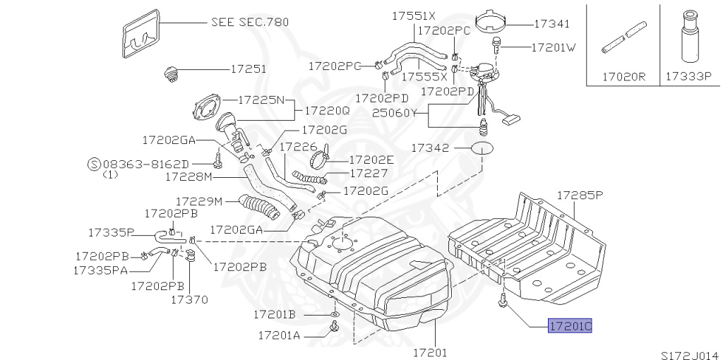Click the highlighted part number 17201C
click(x=570, y=326)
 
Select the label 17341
click(x=552, y=24)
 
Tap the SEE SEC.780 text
click(x=250, y=22)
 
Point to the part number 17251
click(x=248, y=69)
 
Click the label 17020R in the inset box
click(x=624, y=76)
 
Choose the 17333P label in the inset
click(x=689, y=76)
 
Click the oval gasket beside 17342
click(x=482, y=148)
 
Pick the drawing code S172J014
click(x=692, y=355)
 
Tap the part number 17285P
click(x=580, y=195)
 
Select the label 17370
click(x=189, y=299)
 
